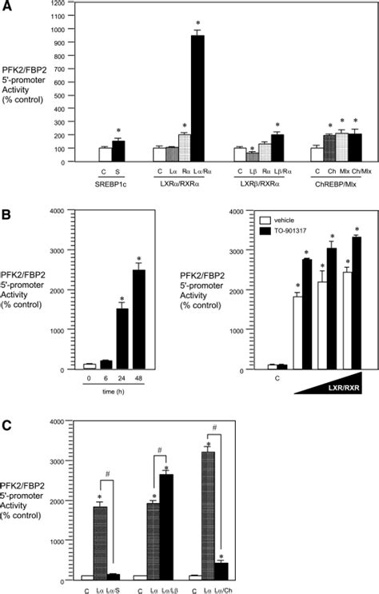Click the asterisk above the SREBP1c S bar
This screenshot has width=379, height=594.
click(x=118, y=131)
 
